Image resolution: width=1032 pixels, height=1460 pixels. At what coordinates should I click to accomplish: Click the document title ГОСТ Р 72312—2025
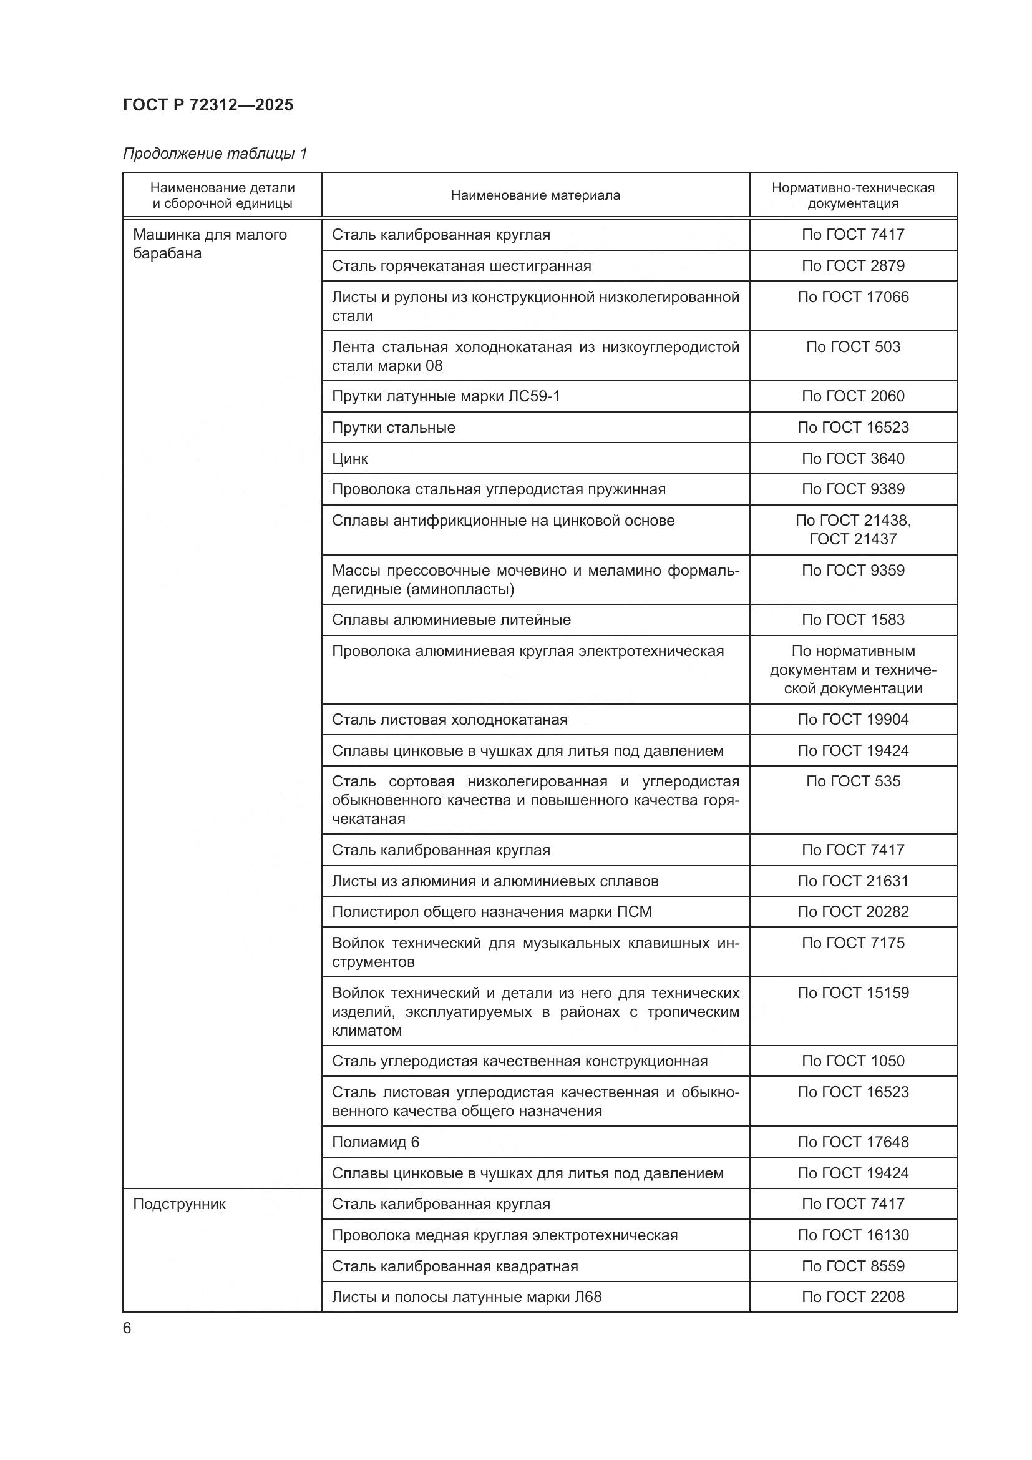[x=208, y=105]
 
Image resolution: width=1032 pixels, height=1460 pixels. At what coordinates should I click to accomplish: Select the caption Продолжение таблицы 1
[x=215, y=154]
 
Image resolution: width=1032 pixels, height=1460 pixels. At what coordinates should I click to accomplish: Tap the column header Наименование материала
[x=535, y=195]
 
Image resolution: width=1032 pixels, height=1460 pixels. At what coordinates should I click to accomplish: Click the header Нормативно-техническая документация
[x=853, y=195]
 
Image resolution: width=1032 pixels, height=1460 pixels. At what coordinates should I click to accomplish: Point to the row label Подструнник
[x=179, y=1203]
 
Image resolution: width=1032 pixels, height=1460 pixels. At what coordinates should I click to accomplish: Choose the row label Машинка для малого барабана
[x=210, y=243]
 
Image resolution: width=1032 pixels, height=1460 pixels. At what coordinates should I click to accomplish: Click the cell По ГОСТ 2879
[x=853, y=265]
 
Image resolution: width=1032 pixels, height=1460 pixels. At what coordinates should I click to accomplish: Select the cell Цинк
[x=350, y=459]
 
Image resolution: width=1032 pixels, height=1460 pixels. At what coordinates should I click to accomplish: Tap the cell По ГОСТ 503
[x=853, y=346]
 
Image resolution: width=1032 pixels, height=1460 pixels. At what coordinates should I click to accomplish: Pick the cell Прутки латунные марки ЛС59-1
[x=446, y=396]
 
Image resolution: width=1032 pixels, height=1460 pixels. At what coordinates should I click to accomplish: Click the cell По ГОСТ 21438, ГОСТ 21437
[x=853, y=529]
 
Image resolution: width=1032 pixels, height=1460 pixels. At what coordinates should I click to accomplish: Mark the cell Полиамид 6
[x=376, y=1142]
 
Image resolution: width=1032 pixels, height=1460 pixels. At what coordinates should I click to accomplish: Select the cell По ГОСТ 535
[x=853, y=781]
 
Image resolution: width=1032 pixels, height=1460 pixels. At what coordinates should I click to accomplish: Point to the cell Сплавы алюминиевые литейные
[x=451, y=619]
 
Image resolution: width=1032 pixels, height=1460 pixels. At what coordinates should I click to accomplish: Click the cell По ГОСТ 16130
[x=853, y=1235]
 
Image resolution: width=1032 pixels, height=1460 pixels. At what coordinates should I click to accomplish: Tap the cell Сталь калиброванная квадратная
[x=455, y=1266]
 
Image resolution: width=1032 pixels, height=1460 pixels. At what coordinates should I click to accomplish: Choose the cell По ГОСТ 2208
[x=853, y=1296]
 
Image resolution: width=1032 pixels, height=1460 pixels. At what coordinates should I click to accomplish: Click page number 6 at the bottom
[x=127, y=1328]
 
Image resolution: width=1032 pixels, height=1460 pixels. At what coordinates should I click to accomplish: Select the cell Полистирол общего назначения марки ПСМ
[x=492, y=912]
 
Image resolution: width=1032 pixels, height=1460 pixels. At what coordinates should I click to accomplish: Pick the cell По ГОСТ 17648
[x=853, y=1142]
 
